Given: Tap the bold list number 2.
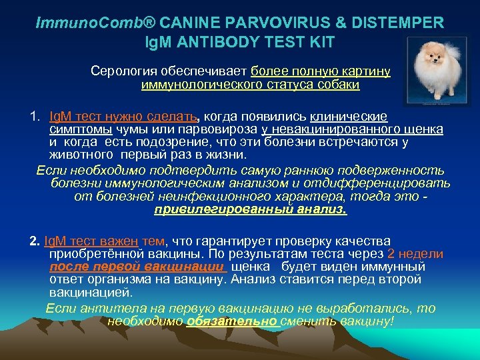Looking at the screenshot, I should tap(35, 241).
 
